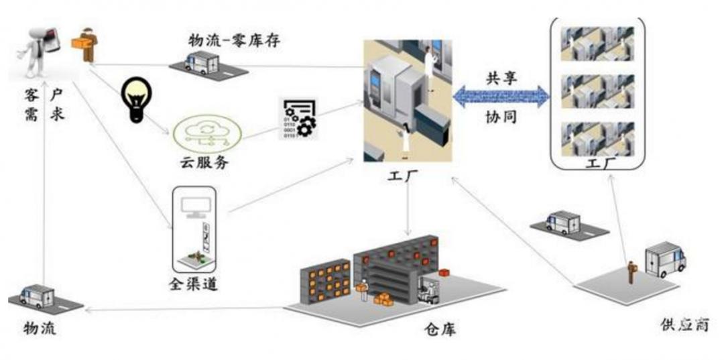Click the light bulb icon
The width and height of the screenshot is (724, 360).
(136, 100)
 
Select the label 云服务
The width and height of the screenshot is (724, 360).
(201, 162)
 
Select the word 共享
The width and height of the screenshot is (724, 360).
(502, 75)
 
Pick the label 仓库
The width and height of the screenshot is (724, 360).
(440, 330)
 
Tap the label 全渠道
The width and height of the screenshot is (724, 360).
(192, 284)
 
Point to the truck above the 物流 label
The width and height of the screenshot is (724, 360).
(38, 296)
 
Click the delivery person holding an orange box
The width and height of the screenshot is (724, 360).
(87, 43)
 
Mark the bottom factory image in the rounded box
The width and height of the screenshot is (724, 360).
(597, 137)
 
